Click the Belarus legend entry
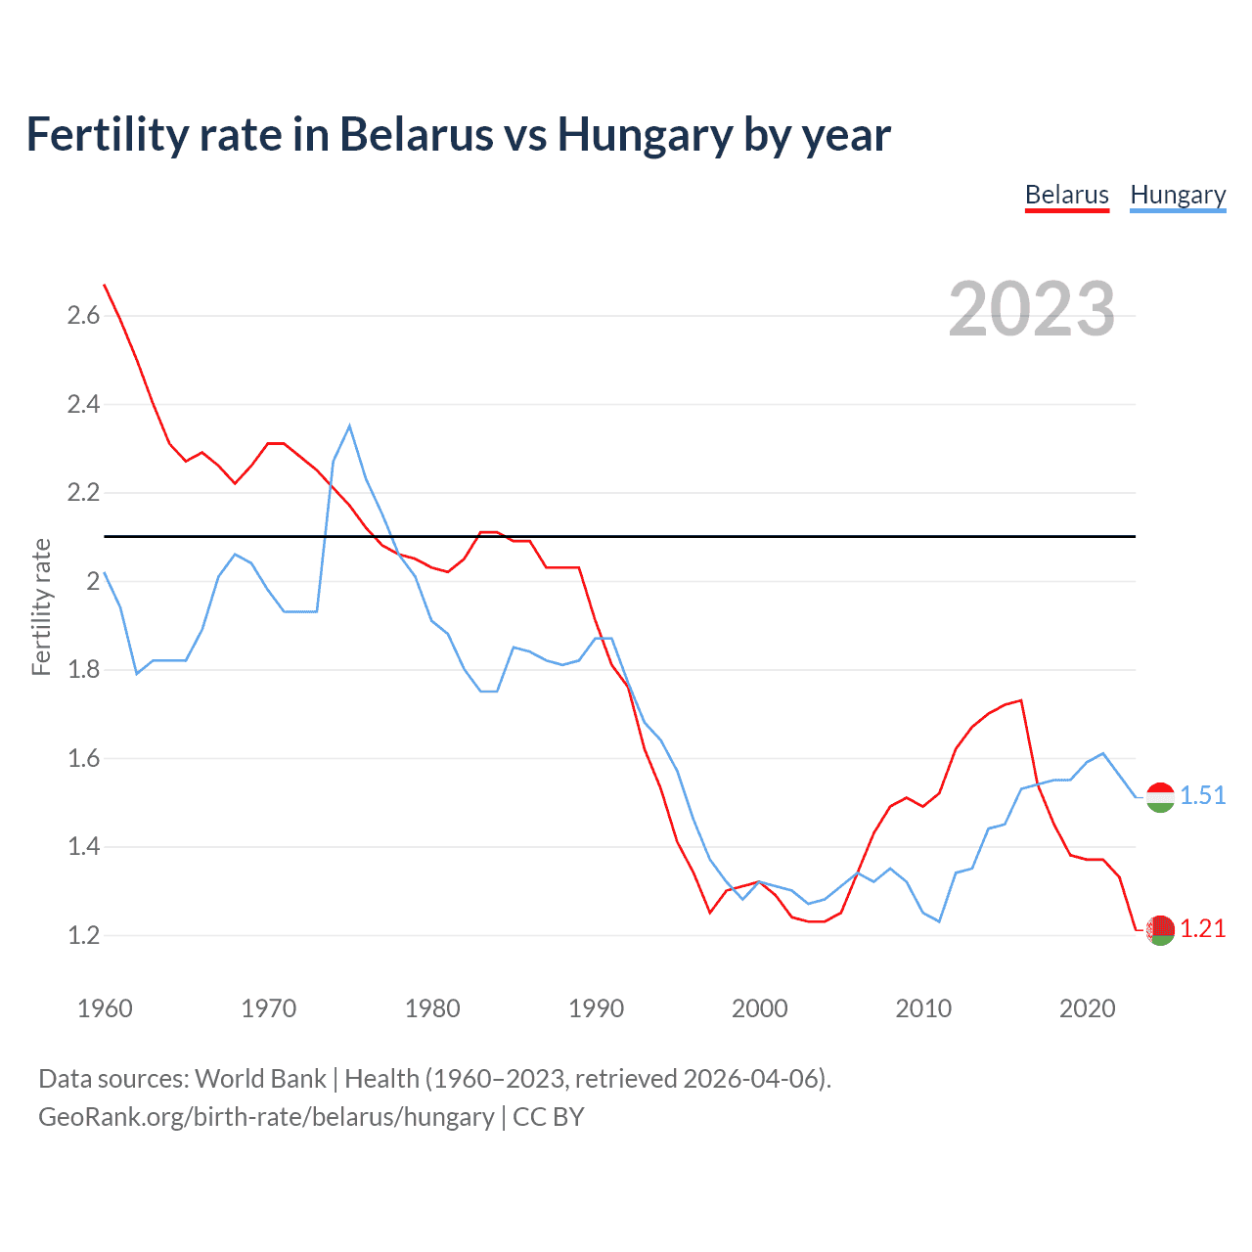click(1066, 195)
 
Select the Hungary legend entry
click(1178, 195)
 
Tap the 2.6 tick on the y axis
click(83, 315)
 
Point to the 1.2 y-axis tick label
click(83, 935)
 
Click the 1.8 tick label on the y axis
click(83, 670)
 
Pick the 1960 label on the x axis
click(105, 1008)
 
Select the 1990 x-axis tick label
click(596, 1008)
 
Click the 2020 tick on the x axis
click(1087, 1008)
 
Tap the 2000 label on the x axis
click(759, 1008)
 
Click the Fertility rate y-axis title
click(41, 606)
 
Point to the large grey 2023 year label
click(1031, 309)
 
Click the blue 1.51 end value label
click(1202, 795)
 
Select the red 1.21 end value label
click(1202, 928)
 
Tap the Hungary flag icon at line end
click(1160, 798)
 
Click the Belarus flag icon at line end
click(1160, 930)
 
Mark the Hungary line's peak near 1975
click(349, 425)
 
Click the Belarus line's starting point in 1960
click(105, 285)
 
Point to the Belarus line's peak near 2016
click(1021, 700)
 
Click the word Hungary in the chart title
click(645, 134)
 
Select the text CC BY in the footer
click(548, 1117)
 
